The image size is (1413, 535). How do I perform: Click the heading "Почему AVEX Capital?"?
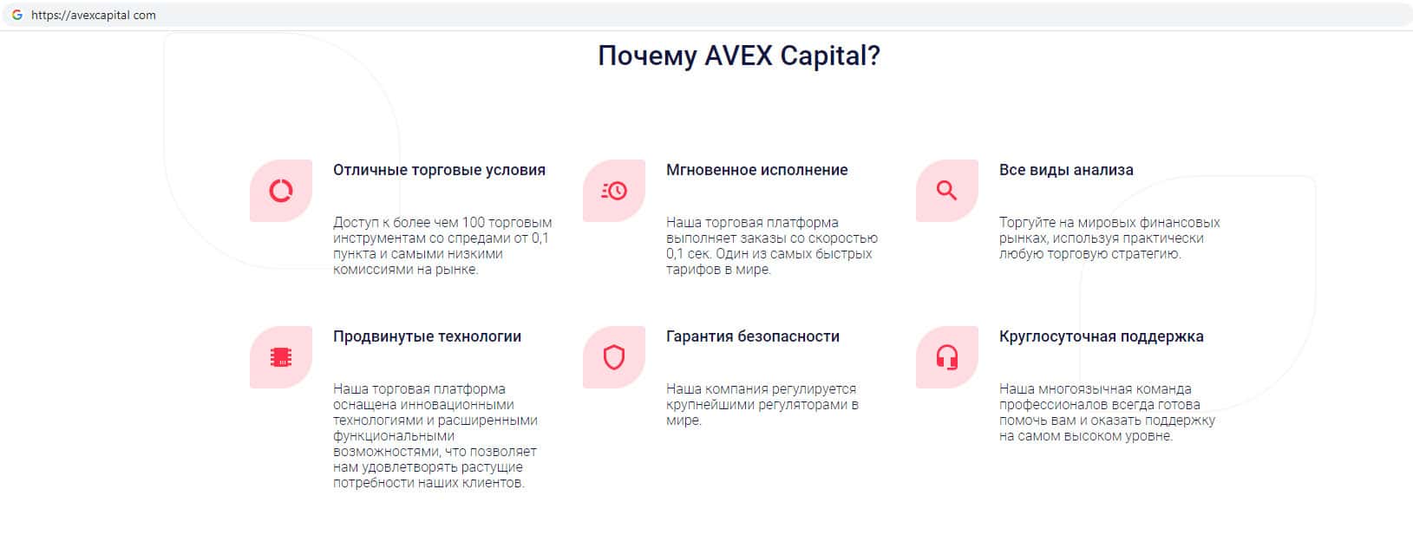(x=739, y=56)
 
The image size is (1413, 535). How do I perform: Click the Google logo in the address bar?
(x=17, y=15)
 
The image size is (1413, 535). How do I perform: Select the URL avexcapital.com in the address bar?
(x=94, y=15)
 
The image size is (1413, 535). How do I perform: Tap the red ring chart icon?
(x=281, y=191)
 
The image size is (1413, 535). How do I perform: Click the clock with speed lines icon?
(x=614, y=191)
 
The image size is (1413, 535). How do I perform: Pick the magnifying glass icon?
(x=947, y=191)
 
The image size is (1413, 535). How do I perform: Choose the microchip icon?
(x=281, y=357)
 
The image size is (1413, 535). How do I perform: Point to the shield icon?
(x=614, y=357)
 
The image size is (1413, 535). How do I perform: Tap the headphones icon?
(x=947, y=357)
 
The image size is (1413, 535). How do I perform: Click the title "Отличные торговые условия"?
(x=439, y=170)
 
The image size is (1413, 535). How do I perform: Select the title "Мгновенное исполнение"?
(x=757, y=170)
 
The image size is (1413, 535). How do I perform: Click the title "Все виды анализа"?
(x=1066, y=170)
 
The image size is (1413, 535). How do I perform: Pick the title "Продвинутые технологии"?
(x=427, y=337)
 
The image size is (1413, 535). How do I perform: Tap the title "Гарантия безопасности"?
(x=753, y=337)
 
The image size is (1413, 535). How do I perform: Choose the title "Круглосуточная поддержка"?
(x=1102, y=337)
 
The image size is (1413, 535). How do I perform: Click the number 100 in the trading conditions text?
(x=473, y=223)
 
